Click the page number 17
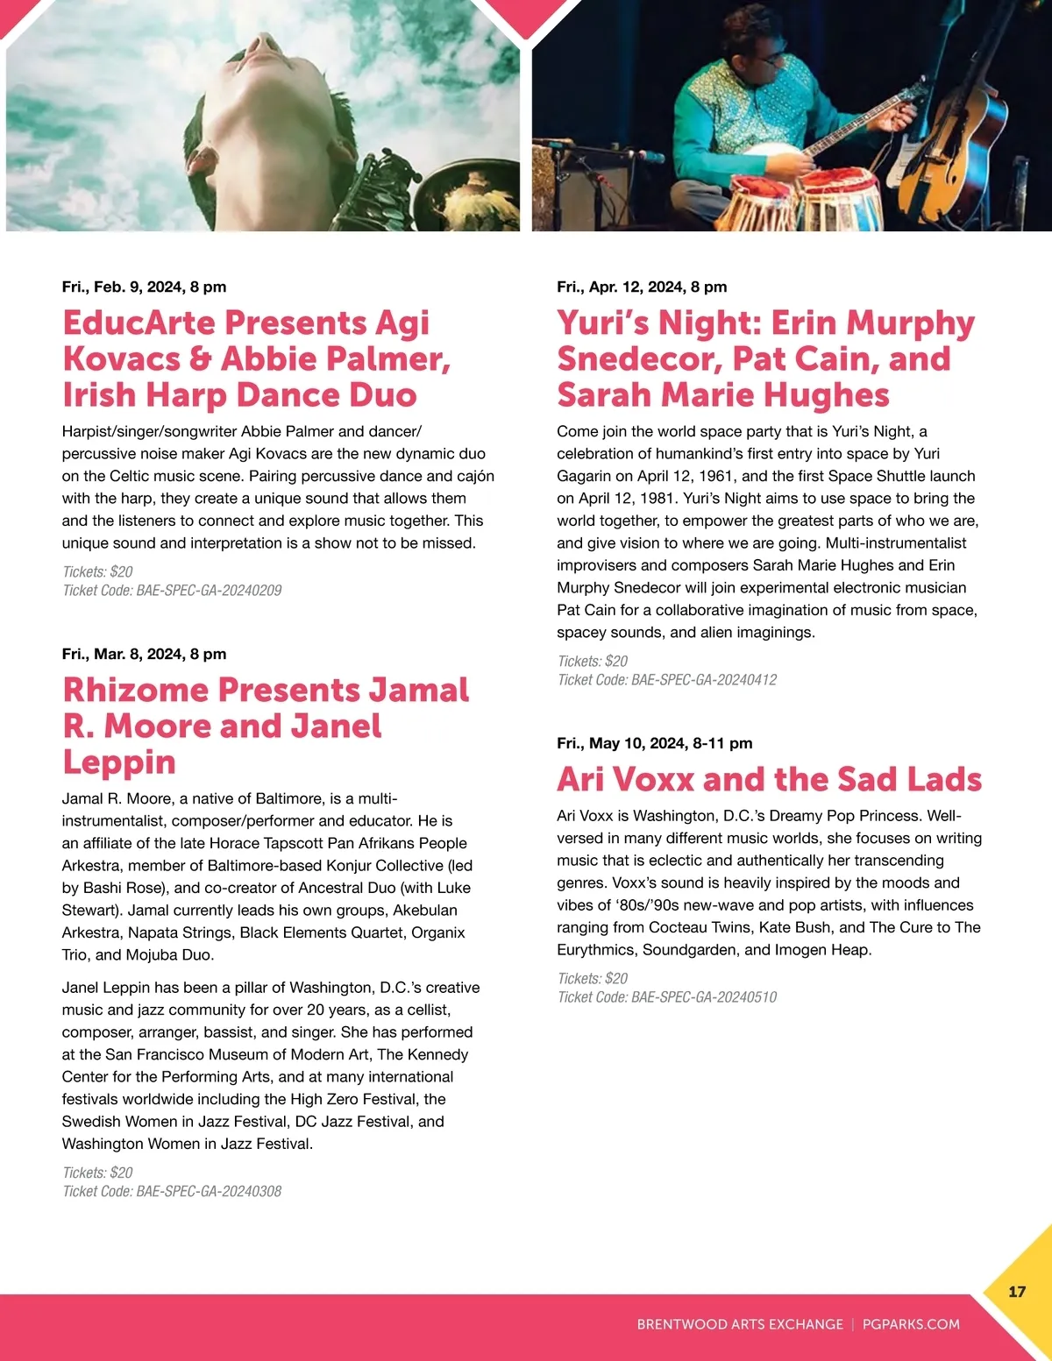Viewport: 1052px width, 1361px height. click(x=1017, y=1291)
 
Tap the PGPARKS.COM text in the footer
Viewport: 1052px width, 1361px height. click(x=911, y=1324)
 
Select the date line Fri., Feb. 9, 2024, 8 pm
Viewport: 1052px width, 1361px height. click(x=144, y=287)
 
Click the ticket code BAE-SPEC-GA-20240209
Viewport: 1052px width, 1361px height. click(x=209, y=591)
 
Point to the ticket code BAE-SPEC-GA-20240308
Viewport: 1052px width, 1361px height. click(x=209, y=1191)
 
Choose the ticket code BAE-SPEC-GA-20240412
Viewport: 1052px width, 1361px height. click(x=704, y=680)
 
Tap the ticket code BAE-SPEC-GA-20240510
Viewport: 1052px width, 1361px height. click(x=704, y=997)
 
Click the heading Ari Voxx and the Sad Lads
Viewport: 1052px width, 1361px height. click(x=769, y=779)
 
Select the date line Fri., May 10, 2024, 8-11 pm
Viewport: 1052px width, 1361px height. click(x=654, y=743)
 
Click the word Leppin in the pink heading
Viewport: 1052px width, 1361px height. click(x=119, y=762)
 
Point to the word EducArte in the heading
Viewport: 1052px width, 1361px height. click(x=139, y=323)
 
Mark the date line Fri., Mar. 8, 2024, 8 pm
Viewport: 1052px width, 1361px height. click(x=144, y=654)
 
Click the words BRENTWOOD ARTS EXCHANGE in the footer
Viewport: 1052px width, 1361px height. click(x=739, y=1324)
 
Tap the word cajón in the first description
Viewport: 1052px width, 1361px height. click(x=474, y=476)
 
